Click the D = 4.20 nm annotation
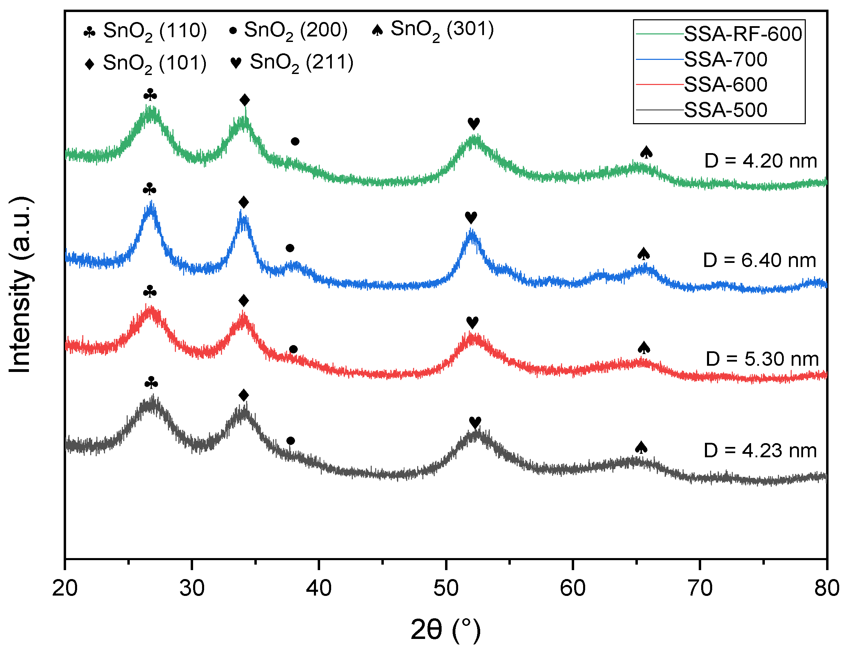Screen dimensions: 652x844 click(760, 161)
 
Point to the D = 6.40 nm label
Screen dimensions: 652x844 click(759, 260)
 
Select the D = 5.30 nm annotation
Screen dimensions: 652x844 click(762, 359)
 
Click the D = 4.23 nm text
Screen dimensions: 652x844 click(760, 451)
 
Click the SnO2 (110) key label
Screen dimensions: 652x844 click(155, 31)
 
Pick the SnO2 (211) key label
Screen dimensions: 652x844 click(302, 63)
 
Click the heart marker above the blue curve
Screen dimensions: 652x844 click(471, 217)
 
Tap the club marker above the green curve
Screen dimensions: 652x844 click(150, 95)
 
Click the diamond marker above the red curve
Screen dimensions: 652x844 click(243, 300)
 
